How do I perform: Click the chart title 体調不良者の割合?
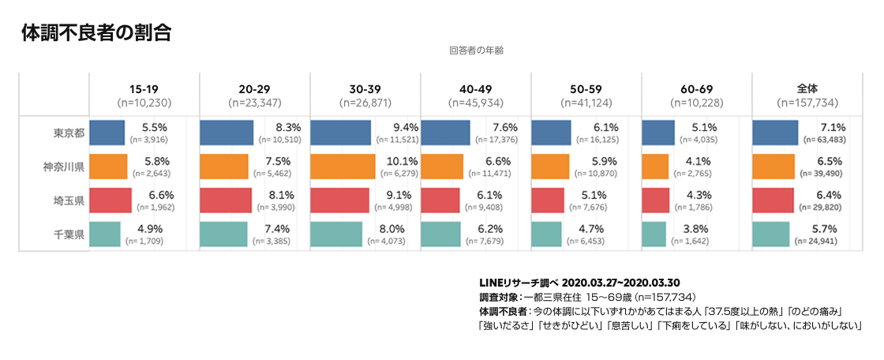click(x=97, y=32)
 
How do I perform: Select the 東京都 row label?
click(x=65, y=133)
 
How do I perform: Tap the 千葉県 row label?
click(x=65, y=234)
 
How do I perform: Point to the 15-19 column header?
click(x=144, y=88)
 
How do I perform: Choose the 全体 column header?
click(x=807, y=88)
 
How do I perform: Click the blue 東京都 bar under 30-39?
click(x=340, y=133)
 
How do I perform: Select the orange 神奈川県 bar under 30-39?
click(x=343, y=167)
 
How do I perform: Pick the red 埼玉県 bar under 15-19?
click(x=110, y=201)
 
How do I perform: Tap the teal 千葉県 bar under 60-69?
click(x=654, y=234)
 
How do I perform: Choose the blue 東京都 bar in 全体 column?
click(x=775, y=133)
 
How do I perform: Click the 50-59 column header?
click(x=586, y=88)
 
